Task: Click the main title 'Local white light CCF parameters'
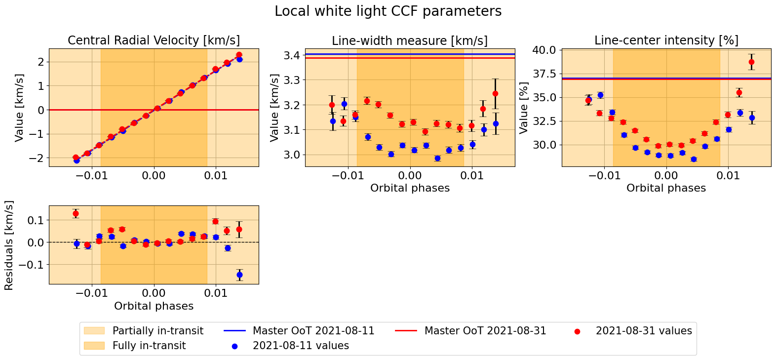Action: click(388, 11)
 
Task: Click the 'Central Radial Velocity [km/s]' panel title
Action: click(154, 40)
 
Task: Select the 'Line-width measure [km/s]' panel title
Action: click(410, 40)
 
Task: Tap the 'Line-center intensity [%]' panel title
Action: click(666, 40)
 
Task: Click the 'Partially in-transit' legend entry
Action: click(157, 331)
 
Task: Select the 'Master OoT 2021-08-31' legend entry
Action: click(485, 331)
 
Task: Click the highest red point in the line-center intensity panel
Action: click(751, 62)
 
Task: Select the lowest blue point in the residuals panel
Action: click(239, 275)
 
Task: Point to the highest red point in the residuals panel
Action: click(76, 213)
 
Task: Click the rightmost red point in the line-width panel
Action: click(495, 93)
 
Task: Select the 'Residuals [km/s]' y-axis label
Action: click(9, 245)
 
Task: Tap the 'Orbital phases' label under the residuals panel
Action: click(154, 306)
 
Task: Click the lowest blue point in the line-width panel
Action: click(437, 158)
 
